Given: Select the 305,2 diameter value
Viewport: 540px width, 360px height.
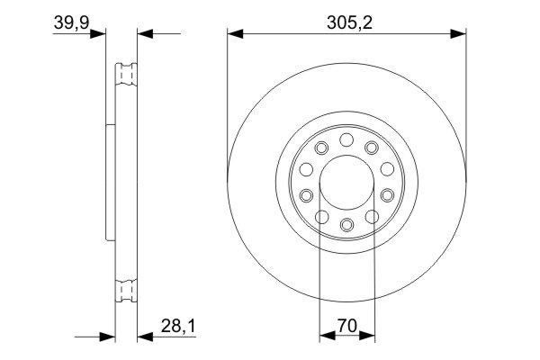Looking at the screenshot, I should point(346,22).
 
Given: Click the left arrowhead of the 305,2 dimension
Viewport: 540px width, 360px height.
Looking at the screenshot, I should point(233,34).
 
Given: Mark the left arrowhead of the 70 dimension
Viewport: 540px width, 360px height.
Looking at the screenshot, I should point(325,337).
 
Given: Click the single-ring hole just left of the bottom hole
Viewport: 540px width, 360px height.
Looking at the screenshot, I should point(322,214).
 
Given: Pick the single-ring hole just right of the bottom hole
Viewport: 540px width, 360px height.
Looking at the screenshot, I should point(371,214).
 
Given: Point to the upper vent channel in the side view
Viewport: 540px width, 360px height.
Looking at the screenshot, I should point(126,74).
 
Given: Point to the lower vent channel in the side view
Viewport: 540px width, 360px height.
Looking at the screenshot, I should point(126,290).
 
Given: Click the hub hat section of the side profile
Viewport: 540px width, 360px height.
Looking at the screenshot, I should point(112,180).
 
